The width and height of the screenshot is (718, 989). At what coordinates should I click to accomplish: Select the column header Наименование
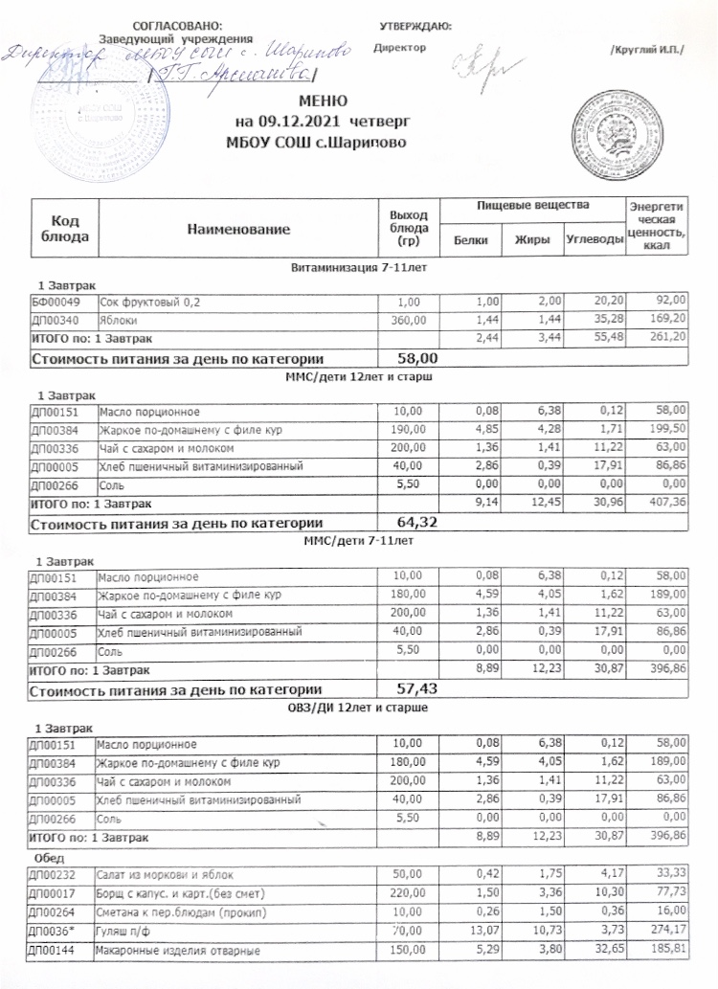237,231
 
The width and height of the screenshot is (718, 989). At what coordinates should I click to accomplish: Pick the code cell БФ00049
56,303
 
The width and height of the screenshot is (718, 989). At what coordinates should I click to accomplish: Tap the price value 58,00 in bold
417,358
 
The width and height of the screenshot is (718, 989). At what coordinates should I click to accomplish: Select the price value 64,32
417,522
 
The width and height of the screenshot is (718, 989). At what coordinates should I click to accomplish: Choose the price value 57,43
417,687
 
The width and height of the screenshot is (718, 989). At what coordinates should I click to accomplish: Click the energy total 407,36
667,503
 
